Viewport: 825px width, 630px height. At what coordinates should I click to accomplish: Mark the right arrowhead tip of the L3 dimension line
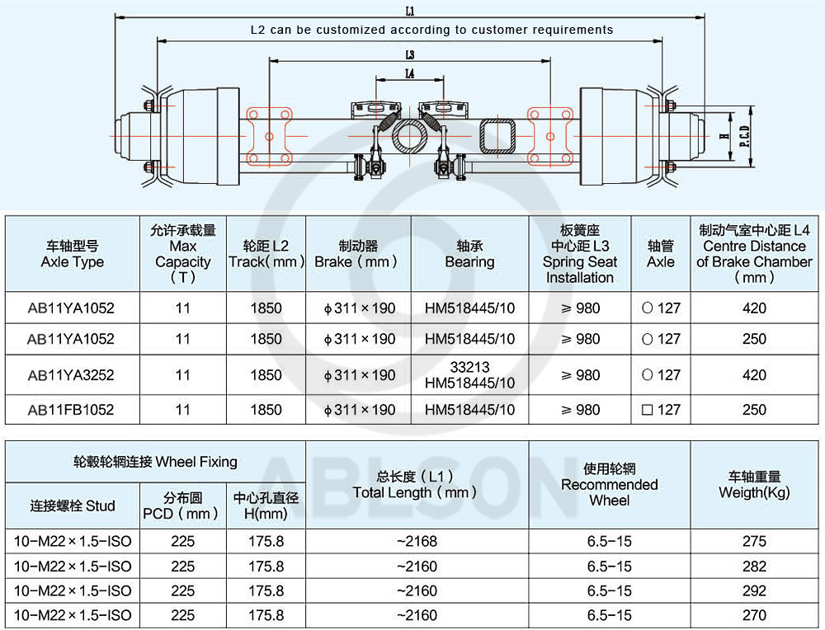pyautogui.click(x=550, y=61)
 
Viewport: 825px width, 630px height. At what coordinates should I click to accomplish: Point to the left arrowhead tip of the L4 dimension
pyautogui.click(x=375, y=80)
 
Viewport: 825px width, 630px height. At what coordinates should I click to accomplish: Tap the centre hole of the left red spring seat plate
pyautogui.click(x=269, y=137)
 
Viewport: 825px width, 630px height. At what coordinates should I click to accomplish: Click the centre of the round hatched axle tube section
pyautogui.click(x=409, y=137)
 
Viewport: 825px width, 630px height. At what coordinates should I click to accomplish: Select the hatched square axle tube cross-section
pyautogui.click(x=497, y=137)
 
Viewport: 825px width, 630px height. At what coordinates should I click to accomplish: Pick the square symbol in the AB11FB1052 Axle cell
pyautogui.click(x=647, y=410)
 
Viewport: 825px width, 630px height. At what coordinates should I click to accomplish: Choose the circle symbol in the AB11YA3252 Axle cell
pyautogui.click(x=647, y=375)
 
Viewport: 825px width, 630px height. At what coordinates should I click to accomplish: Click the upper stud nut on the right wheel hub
pyautogui.click(x=670, y=106)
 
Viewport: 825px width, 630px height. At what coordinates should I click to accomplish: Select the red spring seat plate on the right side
pyautogui.click(x=549, y=137)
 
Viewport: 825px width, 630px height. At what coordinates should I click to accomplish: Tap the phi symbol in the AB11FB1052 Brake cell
pyautogui.click(x=328, y=411)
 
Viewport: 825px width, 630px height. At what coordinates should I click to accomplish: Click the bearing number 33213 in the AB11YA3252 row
pyautogui.click(x=470, y=366)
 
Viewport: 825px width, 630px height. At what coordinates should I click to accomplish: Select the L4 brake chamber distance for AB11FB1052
pyautogui.click(x=754, y=410)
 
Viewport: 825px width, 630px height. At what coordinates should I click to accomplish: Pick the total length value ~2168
pyautogui.click(x=417, y=541)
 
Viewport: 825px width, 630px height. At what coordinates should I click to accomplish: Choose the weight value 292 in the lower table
pyautogui.click(x=754, y=590)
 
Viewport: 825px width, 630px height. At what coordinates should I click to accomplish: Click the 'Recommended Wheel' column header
pyautogui.click(x=610, y=484)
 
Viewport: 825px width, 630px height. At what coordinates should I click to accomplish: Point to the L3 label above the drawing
pyautogui.click(x=410, y=54)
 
